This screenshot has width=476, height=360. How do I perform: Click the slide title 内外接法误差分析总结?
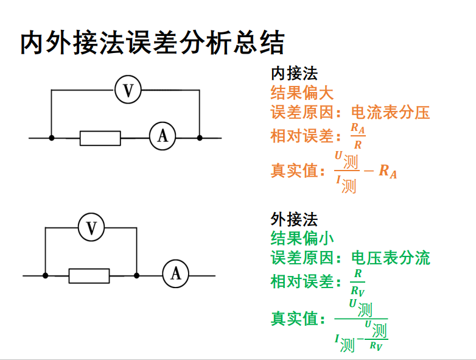[x=152, y=43]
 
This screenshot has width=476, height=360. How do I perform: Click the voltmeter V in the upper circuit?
[x=128, y=91]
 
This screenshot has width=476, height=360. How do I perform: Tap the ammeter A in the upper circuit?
[x=163, y=136]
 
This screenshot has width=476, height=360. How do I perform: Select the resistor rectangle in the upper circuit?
[x=100, y=138]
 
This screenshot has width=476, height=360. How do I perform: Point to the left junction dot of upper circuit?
[x=52, y=138]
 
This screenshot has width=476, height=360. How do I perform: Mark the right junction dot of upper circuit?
[x=200, y=138]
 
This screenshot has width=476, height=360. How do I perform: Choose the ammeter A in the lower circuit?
[x=175, y=274]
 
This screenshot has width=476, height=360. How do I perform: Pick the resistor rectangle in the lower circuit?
[x=89, y=276]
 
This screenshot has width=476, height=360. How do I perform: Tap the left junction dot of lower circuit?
[x=46, y=276]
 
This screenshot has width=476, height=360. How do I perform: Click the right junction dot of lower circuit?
[x=136, y=276]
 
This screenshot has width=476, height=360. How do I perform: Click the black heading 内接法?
[x=294, y=74]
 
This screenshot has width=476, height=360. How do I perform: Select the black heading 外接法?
[x=294, y=219]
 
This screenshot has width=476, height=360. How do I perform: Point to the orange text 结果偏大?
[x=302, y=93]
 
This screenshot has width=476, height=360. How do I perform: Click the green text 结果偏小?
[x=302, y=238]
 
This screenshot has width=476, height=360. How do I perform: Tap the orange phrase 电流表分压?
[x=390, y=113]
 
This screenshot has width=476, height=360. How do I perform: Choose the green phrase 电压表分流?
[x=390, y=258]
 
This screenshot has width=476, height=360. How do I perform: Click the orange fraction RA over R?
[x=358, y=136]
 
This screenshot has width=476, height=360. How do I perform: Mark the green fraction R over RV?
[x=358, y=283]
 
